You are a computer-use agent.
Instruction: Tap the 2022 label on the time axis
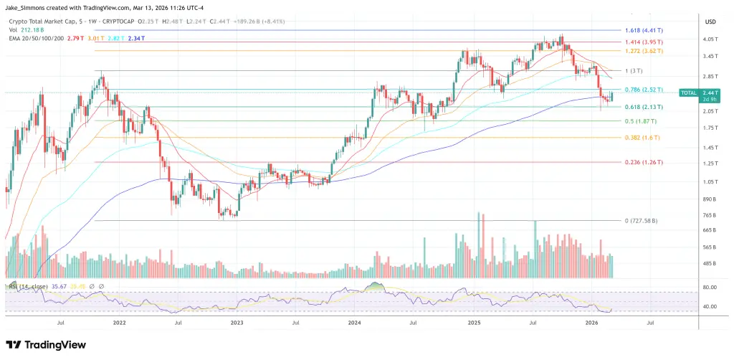pos(119,323)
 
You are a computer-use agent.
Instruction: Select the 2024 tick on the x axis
pos(354,323)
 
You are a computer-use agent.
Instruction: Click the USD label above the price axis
pos(710,21)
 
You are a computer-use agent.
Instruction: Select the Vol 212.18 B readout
pos(26,31)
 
